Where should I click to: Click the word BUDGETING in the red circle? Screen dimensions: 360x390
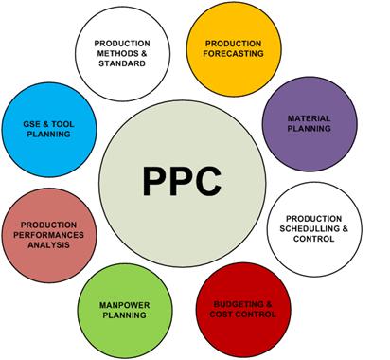tap(234, 301)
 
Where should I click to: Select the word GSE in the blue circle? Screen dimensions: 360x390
tap(32, 123)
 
